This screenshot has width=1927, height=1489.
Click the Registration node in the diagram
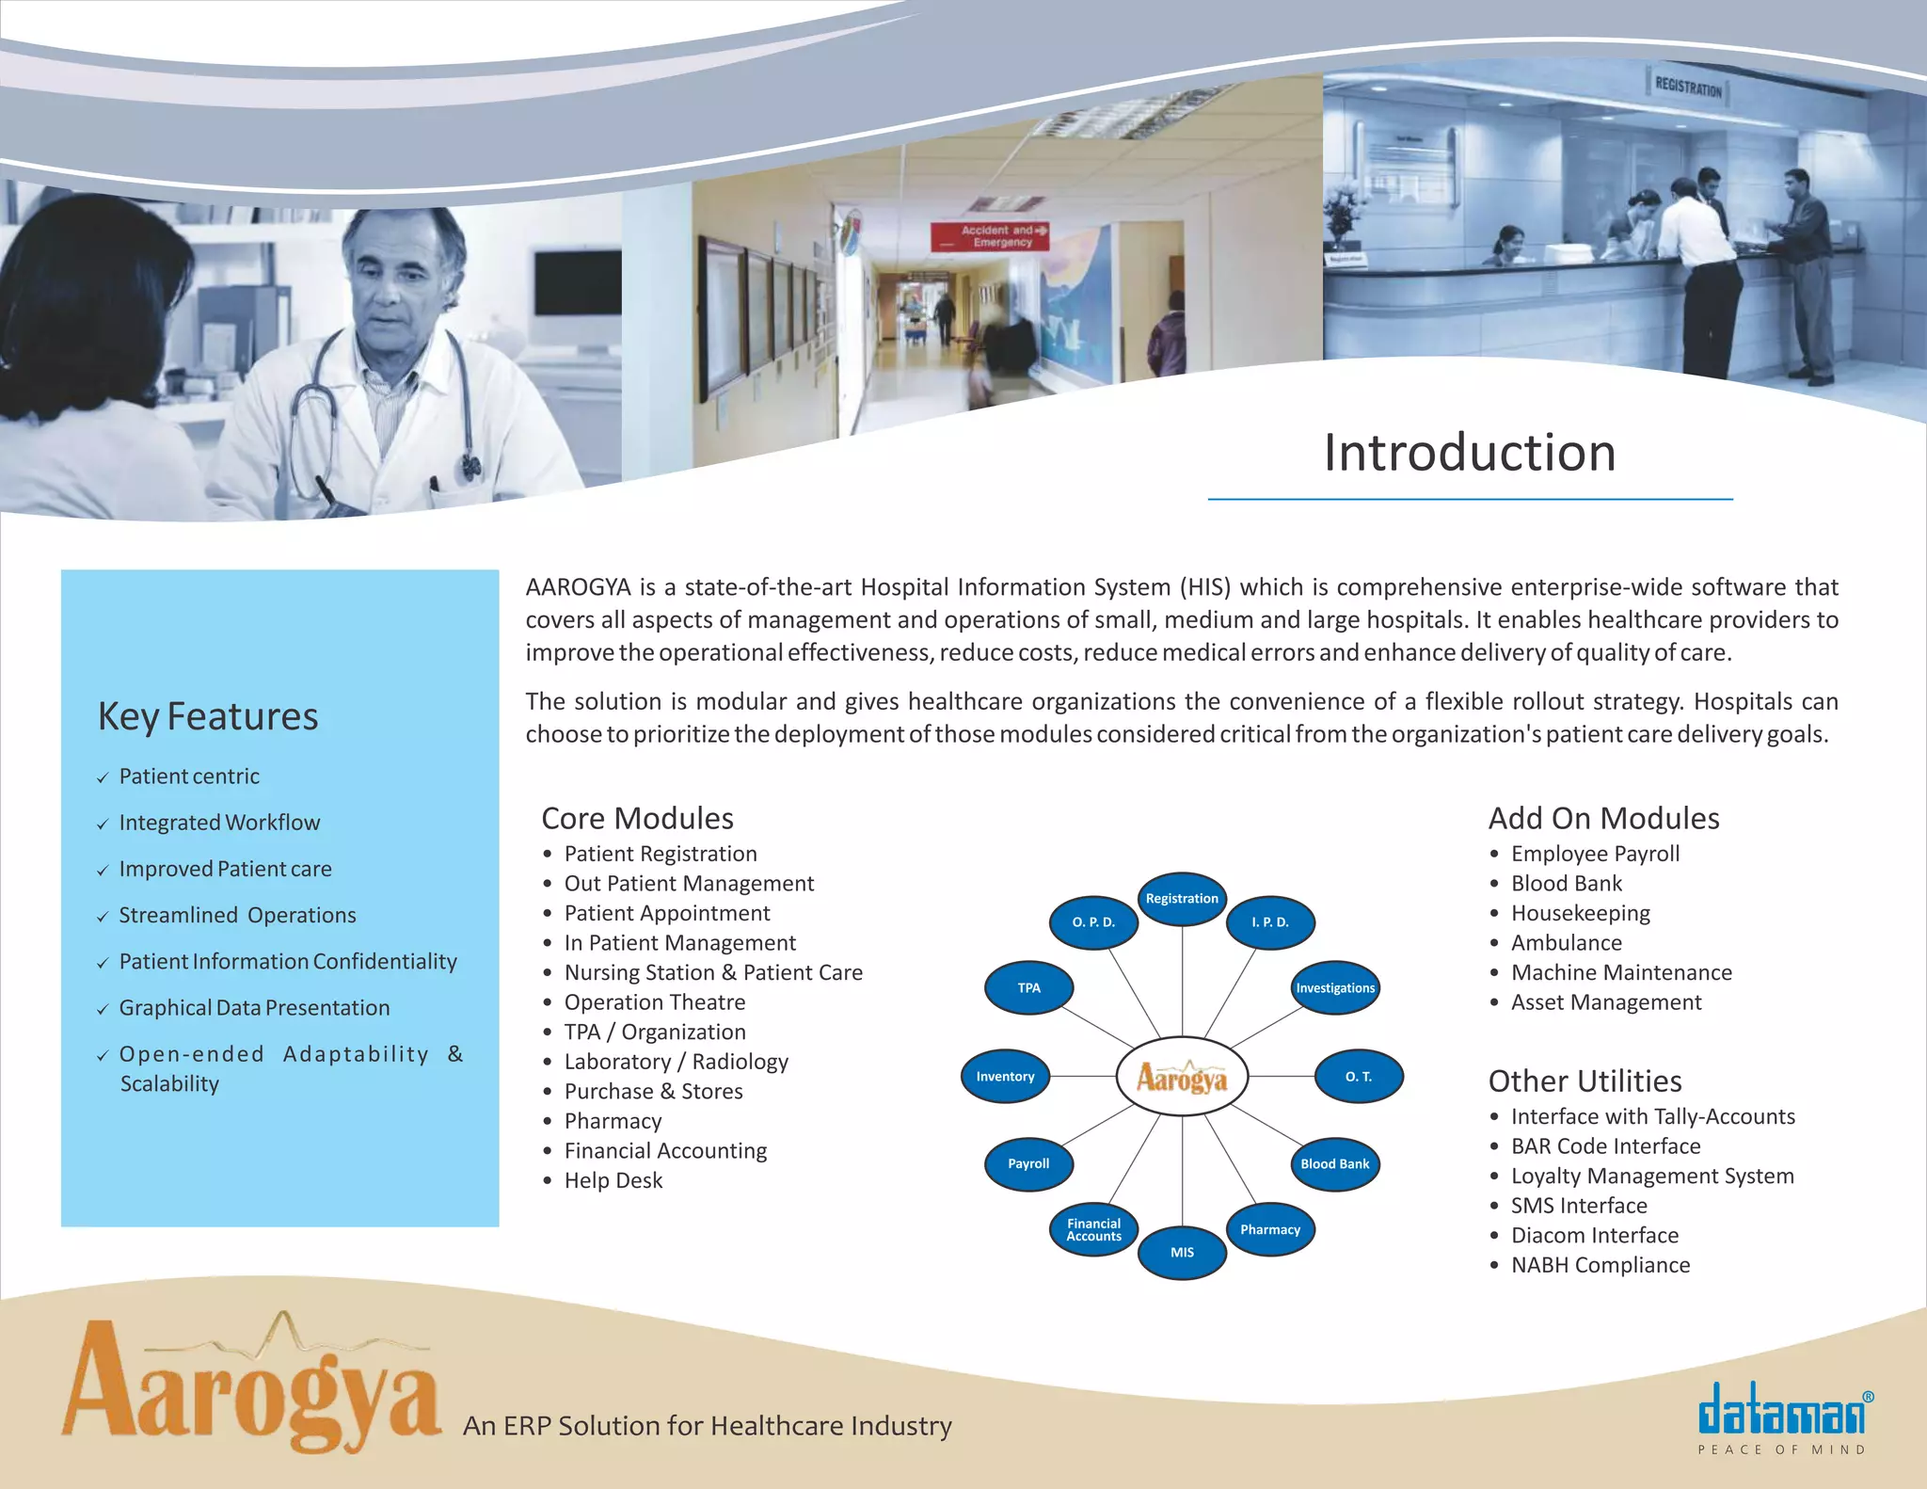point(1182,899)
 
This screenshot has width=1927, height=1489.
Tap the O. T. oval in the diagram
point(1358,1077)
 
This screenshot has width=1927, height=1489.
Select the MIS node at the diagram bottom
point(1182,1253)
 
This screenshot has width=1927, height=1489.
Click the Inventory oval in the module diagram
point(1005,1077)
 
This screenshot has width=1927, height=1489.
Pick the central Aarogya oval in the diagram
point(1182,1077)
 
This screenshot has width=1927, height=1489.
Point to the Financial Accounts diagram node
point(1093,1230)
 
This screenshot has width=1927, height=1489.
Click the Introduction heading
point(1470,453)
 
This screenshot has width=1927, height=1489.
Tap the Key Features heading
point(208,717)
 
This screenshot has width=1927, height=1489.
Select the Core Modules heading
point(637,819)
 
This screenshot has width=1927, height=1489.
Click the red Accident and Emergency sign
point(990,236)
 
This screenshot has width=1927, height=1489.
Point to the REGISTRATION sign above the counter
point(1688,88)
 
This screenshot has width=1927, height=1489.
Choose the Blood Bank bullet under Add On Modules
point(1566,884)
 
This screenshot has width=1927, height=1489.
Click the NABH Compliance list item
point(1600,1265)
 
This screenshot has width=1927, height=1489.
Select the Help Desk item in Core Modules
point(613,1180)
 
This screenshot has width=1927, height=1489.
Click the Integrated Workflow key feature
point(219,823)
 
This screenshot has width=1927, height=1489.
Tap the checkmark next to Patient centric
point(103,778)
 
